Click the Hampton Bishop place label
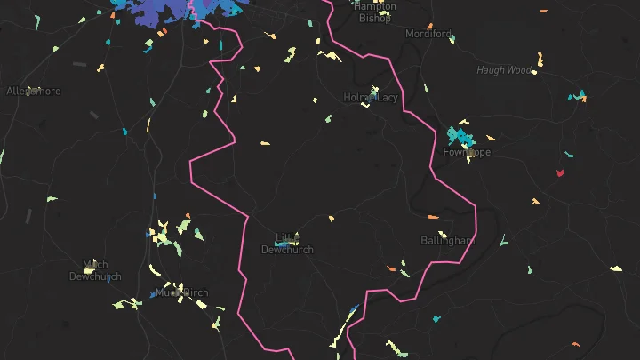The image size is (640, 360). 374,12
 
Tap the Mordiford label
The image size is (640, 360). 428,34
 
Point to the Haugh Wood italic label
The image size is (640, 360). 502,70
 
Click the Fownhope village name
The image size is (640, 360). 467,152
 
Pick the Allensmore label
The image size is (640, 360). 33,91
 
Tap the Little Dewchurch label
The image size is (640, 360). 286,244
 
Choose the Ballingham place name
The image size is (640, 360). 447,241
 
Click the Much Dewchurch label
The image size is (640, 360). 95,270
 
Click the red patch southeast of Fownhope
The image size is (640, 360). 560,172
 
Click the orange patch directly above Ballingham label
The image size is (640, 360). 434,216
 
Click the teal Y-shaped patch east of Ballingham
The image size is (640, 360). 503,239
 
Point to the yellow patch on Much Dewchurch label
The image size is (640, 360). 90,264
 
